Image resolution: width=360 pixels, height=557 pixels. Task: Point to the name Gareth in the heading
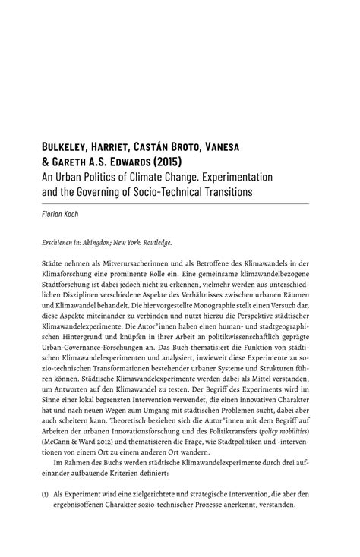point(82,162)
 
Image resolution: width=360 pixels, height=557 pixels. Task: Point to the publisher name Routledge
point(156,244)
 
